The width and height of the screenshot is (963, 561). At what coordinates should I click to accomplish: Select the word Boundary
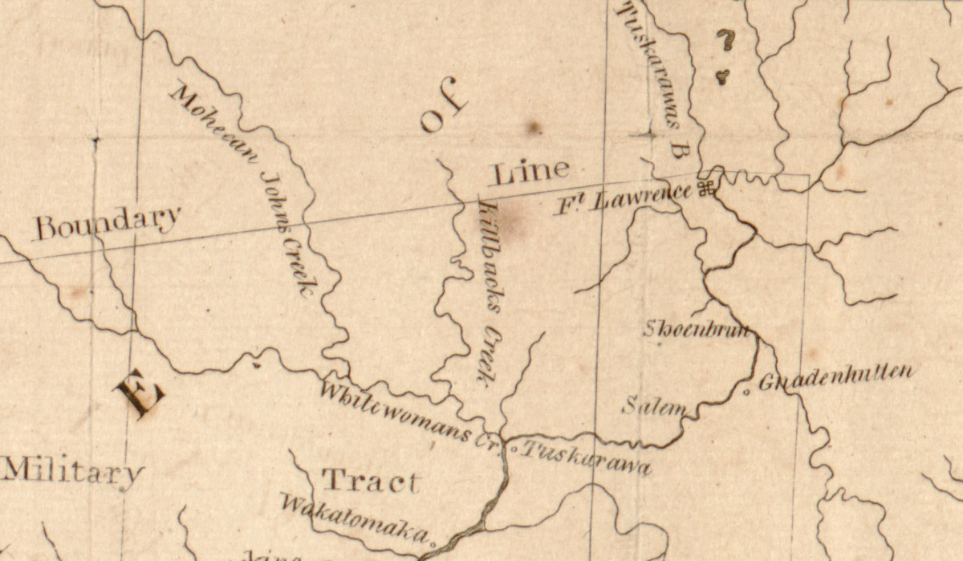click(x=108, y=223)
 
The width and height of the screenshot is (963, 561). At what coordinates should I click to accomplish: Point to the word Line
click(x=530, y=172)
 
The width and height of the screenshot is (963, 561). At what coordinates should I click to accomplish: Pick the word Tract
click(x=371, y=482)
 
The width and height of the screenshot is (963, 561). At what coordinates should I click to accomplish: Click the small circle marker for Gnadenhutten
click(x=746, y=392)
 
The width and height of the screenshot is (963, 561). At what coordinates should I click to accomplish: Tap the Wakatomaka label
click(x=353, y=518)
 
